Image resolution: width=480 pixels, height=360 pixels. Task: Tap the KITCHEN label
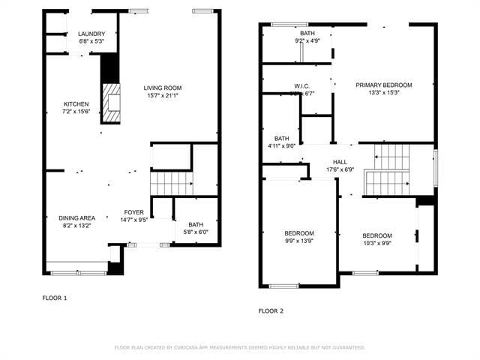coord(76,104)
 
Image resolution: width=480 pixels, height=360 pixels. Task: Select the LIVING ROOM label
coord(162,88)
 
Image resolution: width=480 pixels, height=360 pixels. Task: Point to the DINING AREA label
coord(76,218)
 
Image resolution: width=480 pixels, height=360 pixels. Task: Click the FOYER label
coord(133,212)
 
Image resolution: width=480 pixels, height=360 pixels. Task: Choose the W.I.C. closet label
coord(302,85)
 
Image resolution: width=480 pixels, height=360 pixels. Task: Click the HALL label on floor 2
coord(340,161)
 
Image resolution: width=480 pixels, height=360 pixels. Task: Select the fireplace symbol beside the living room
coord(110,102)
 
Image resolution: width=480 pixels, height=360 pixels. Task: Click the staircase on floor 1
coord(171,182)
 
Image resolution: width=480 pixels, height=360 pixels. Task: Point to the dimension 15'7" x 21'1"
coord(162,95)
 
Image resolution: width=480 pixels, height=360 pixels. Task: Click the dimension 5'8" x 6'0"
coord(195,232)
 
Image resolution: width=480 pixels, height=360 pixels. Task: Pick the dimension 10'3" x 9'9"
coord(377,243)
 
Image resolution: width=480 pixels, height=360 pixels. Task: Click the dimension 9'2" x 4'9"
coord(307,41)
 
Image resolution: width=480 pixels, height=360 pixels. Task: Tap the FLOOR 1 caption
coord(55,298)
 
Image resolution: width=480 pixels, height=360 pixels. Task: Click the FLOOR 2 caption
coord(271,310)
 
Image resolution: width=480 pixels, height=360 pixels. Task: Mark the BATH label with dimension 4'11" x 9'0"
coord(281,139)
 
